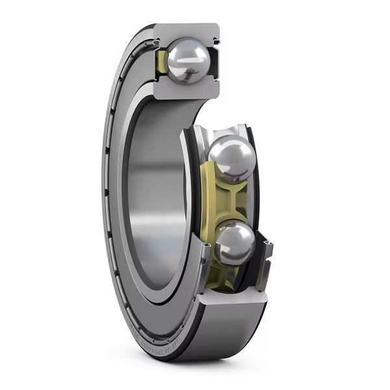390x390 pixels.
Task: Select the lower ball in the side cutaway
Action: [235, 243]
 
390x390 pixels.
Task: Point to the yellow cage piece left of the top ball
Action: [162, 62]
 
